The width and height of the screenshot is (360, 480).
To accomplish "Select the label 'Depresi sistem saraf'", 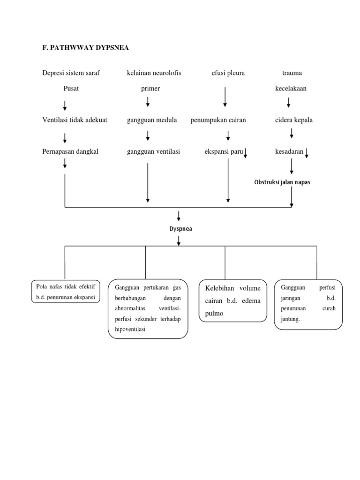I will click(71, 73).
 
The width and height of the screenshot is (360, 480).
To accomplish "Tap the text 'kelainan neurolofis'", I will click(154, 73).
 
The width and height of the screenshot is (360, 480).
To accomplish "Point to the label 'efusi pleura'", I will click(228, 73).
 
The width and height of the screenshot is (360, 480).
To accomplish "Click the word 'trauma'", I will click(292, 73).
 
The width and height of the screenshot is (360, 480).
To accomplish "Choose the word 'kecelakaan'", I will click(291, 89).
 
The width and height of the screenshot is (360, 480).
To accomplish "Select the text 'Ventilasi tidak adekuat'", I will click(75, 120).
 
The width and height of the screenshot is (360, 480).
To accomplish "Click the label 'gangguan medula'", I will click(152, 120).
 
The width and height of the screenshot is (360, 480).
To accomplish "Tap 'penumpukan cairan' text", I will click(218, 120).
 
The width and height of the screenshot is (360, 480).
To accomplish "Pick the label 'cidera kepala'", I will click(294, 120).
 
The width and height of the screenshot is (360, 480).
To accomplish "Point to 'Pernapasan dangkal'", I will click(70, 151).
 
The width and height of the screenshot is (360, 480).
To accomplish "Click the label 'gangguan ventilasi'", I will click(153, 151).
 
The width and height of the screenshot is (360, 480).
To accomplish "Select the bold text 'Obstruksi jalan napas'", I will click(282, 182).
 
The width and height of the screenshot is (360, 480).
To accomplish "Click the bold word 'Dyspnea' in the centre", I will click(181, 229).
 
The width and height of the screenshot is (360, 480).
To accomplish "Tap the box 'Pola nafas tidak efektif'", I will click(66, 291).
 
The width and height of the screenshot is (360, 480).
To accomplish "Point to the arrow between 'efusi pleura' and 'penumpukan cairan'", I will click(225, 97).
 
